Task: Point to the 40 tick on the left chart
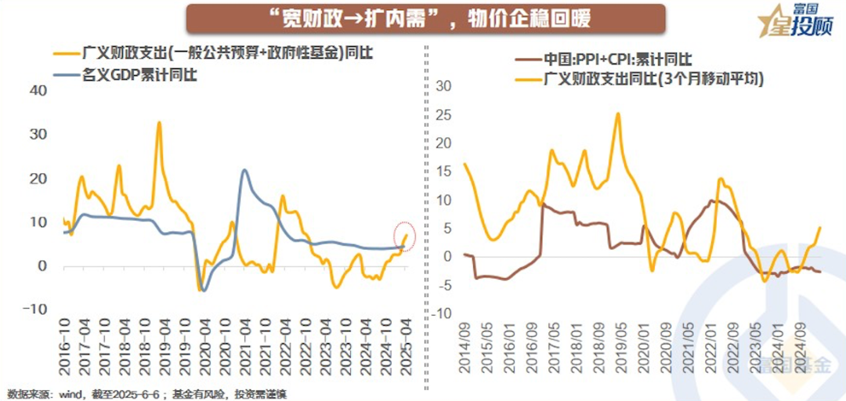[x=38, y=90]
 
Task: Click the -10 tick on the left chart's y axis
[x=35, y=309]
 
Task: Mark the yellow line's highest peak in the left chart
[x=159, y=123]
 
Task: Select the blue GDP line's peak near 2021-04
[x=245, y=170]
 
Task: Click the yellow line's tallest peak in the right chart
[x=618, y=114]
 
